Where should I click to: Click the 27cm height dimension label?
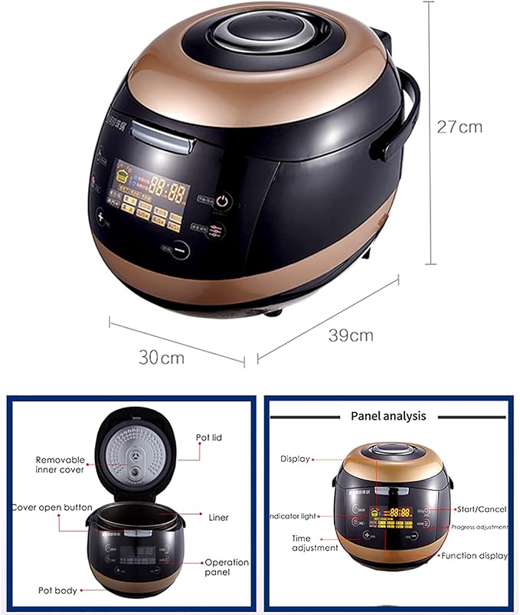[x=459, y=126]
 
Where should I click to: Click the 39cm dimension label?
[x=351, y=335]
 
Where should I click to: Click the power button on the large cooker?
[x=222, y=201]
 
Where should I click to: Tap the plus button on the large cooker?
[x=100, y=215]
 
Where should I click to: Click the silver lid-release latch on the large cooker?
[x=160, y=139]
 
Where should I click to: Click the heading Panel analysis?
[x=388, y=416]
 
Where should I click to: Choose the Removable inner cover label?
[x=61, y=464]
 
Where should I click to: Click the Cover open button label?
[x=52, y=507]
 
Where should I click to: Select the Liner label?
[x=218, y=518]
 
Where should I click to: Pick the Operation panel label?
[x=227, y=568]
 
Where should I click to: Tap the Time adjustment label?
[x=314, y=543]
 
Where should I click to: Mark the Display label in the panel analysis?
[x=295, y=459]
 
